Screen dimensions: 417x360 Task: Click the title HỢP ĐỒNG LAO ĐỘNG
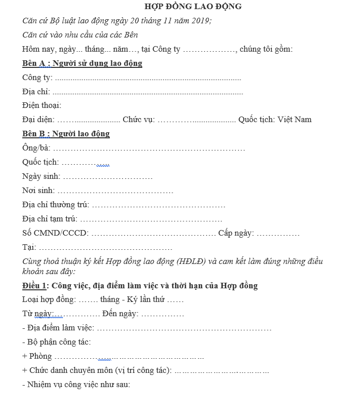[193, 7]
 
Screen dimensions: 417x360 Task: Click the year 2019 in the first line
[201, 21]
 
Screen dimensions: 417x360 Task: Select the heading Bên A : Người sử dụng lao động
[82, 63]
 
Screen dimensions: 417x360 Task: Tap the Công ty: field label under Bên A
[37, 78]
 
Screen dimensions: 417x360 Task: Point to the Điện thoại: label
[42, 105]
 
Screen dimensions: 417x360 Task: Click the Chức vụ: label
[139, 120]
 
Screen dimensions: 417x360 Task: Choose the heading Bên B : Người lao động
[66, 134]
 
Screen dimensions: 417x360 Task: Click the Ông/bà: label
[36, 148]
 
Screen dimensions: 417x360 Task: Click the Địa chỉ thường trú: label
[56, 205]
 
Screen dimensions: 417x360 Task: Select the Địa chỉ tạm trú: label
[50, 219]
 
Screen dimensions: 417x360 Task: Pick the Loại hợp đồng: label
[49, 299]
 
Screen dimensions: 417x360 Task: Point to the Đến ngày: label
[121, 314]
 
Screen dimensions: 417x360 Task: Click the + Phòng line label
[37, 356]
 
